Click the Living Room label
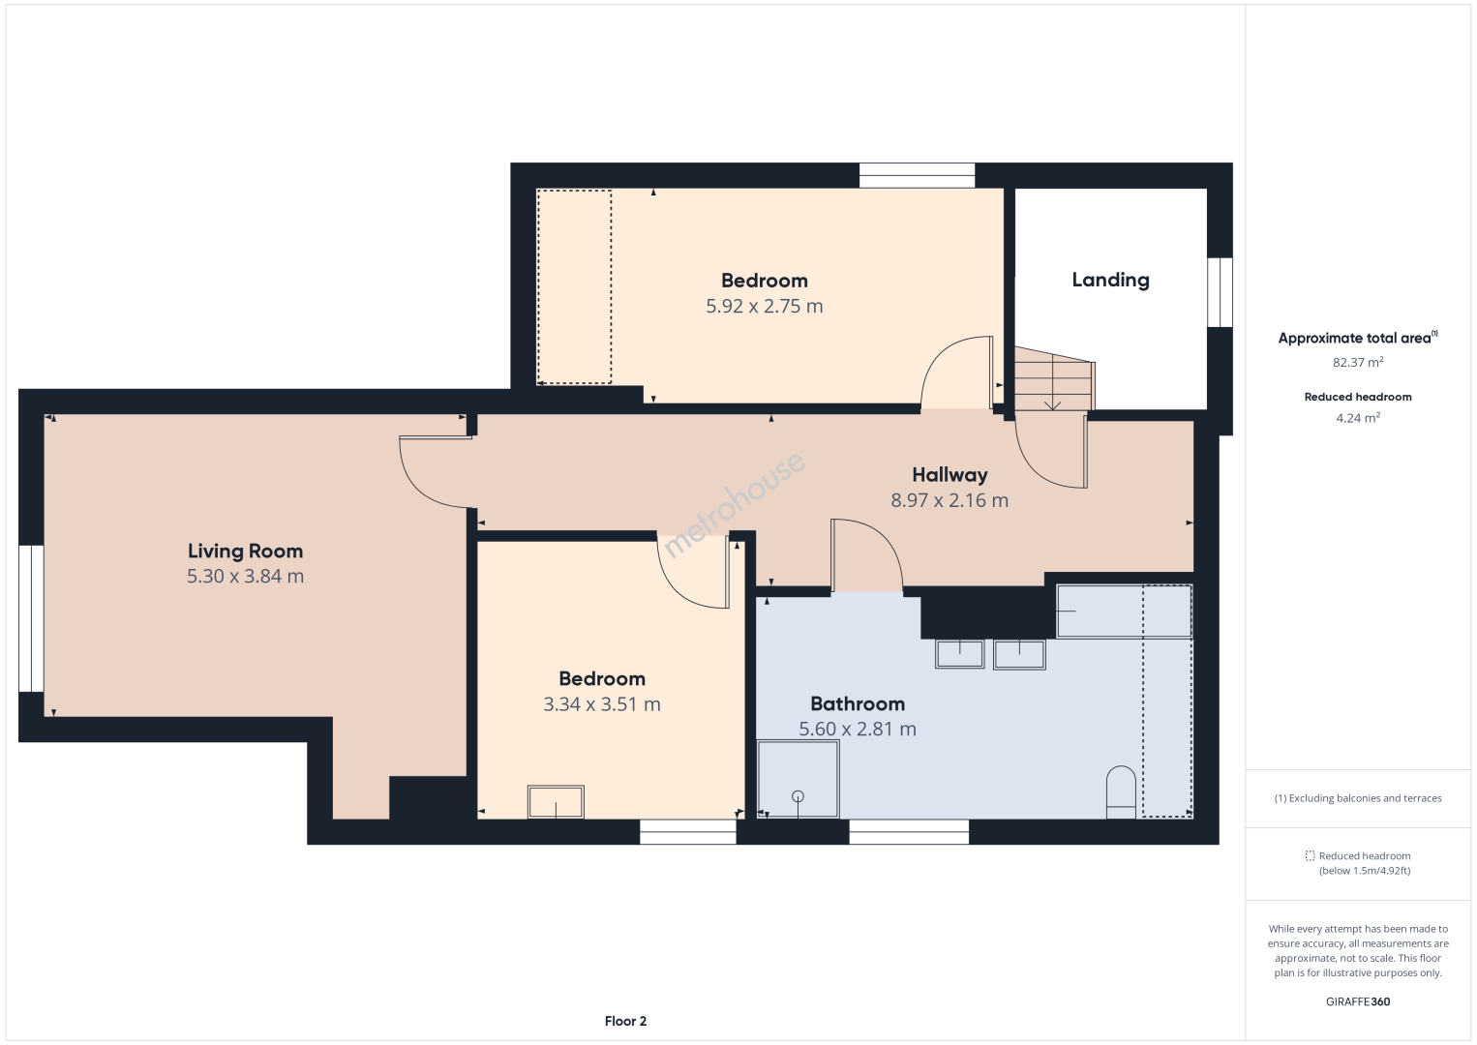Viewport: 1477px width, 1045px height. coord(245,551)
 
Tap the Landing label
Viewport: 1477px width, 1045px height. coord(1110,281)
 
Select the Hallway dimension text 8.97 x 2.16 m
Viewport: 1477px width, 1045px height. coord(949,500)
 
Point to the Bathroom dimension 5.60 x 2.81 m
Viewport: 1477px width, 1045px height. coord(858,729)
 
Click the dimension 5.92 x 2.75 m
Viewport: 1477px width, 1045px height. coord(765,306)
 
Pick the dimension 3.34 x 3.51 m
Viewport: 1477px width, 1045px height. coord(601,704)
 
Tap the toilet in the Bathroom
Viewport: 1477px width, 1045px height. coord(1121,791)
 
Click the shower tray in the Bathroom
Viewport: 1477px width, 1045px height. coord(798,779)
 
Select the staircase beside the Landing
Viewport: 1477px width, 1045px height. coord(1054,378)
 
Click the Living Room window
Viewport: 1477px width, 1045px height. coord(31,618)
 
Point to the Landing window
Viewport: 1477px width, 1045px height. coord(1220,292)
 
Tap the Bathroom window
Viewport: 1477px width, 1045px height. coord(909,832)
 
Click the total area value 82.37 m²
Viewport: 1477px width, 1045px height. coord(1358,362)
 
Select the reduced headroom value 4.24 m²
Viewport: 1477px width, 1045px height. coord(1358,418)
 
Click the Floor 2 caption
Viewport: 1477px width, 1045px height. coord(625,1021)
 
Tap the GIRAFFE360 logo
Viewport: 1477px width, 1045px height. coord(1358,1001)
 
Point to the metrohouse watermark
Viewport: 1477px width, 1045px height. coord(734,504)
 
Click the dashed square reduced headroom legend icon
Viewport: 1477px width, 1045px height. coord(1310,855)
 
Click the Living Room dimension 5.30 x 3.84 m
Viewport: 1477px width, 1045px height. coord(245,577)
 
